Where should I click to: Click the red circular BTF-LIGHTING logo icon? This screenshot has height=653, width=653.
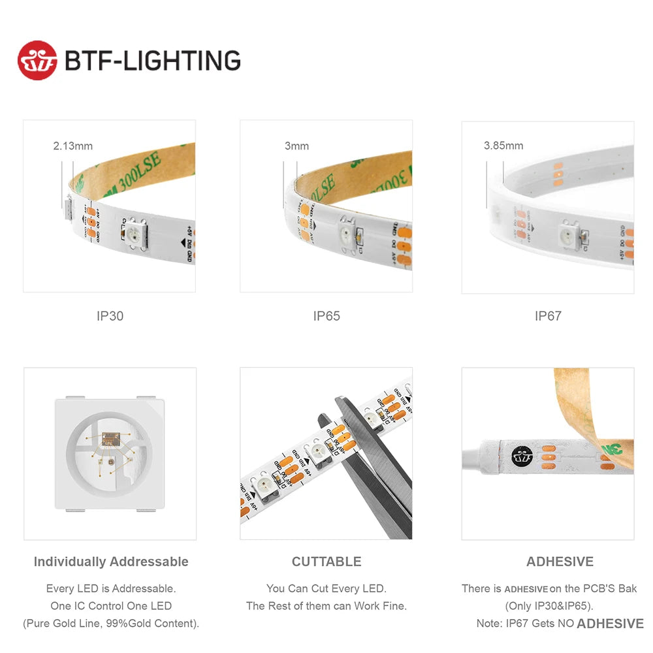click(x=37, y=61)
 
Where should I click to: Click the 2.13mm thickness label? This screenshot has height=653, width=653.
click(x=72, y=146)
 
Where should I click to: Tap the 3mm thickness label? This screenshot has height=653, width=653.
click(x=296, y=146)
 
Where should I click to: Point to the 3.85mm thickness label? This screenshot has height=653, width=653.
click(x=503, y=146)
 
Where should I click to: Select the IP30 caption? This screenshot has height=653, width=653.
click(x=110, y=316)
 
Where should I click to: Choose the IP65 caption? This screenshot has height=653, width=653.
click(x=326, y=316)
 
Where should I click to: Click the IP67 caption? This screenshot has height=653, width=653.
click(x=548, y=316)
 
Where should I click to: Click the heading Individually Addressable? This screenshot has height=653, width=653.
click(x=111, y=562)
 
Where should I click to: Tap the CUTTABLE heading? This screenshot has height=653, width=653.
click(x=326, y=562)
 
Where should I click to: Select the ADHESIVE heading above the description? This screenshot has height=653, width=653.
click(x=560, y=562)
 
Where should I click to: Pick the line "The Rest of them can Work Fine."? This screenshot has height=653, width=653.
click(x=326, y=606)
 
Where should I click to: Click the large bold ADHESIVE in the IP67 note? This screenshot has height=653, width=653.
click(x=610, y=624)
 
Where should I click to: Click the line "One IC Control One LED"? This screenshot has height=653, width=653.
click(x=111, y=606)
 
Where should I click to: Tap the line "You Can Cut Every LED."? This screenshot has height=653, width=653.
click(x=326, y=589)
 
